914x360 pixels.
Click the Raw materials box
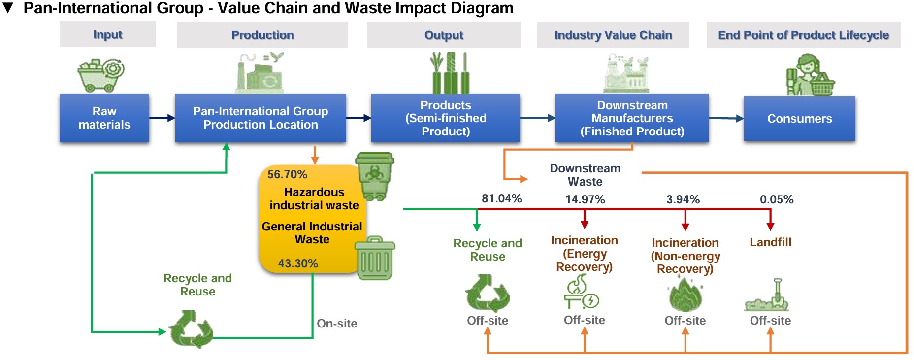pyautogui.click(x=104, y=118)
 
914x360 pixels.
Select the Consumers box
pyautogui.click(x=799, y=119)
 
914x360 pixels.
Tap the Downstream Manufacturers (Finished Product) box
pyautogui.click(x=632, y=118)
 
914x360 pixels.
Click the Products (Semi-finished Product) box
pyautogui.click(x=445, y=118)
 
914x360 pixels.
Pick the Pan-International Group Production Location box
pyautogui.click(x=261, y=118)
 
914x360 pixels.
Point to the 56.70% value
pyautogui.click(x=287, y=174)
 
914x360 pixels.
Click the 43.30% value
pyautogui.click(x=298, y=263)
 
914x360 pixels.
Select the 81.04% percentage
pyautogui.click(x=501, y=198)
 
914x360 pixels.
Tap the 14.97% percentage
pyautogui.click(x=585, y=199)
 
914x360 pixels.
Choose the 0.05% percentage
pyautogui.click(x=777, y=199)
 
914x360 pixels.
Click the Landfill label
pyautogui.click(x=770, y=242)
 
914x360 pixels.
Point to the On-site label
pyautogui.click(x=337, y=324)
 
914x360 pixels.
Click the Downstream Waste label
pyautogui.click(x=585, y=175)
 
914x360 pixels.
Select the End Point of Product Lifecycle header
pyautogui.click(x=803, y=35)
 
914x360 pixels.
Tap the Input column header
pyautogui.click(x=107, y=34)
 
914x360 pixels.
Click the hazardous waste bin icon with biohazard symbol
pyautogui.click(x=375, y=176)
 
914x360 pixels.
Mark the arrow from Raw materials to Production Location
pyautogui.click(x=162, y=118)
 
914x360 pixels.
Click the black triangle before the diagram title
pyautogui.click(x=8, y=8)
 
